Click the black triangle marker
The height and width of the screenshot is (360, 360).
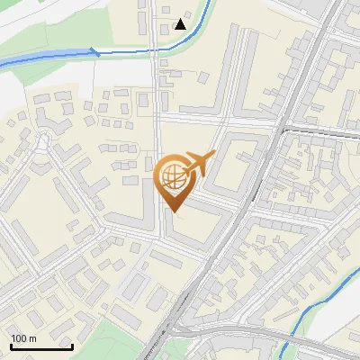(181, 23)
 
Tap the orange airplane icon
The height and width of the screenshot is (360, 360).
(198, 165)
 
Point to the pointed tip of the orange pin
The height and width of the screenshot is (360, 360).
(174, 212)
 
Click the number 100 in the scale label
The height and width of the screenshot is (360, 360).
(19, 338)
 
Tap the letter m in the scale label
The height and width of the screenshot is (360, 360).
(31, 338)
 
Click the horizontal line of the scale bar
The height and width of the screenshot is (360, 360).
(40, 346)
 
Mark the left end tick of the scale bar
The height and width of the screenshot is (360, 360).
(11, 345)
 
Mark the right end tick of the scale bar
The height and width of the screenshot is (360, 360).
(72, 345)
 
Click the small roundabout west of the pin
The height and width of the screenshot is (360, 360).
(43, 140)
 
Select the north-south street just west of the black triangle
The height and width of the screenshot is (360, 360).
(154, 27)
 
